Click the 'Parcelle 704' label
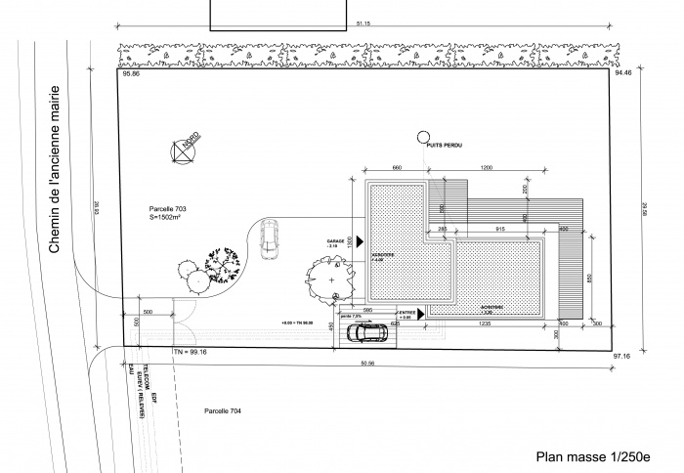(x=223, y=411)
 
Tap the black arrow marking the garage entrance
(x=361, y=240)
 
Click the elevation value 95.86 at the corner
(x=128, y=74)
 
